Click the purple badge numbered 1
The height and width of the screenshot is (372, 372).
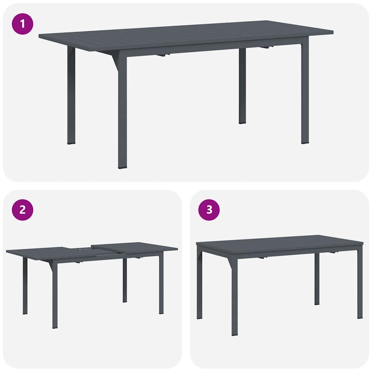click(23, 24)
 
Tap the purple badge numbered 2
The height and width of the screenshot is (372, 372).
click(23, 210)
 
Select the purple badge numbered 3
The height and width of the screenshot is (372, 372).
click(209, 210)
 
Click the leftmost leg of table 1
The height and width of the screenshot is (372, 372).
click(71, 98)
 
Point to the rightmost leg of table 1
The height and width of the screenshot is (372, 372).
click(305, 94)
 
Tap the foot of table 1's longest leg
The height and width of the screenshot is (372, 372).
click(123, 166)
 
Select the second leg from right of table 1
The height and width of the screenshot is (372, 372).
click(242, 87)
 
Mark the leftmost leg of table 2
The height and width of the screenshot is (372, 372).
click(25, 287)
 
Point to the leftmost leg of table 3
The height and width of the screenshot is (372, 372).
click(199, 287)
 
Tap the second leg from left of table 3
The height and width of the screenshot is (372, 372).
click(235, 298)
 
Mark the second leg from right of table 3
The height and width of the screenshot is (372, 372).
click(317, 280)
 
